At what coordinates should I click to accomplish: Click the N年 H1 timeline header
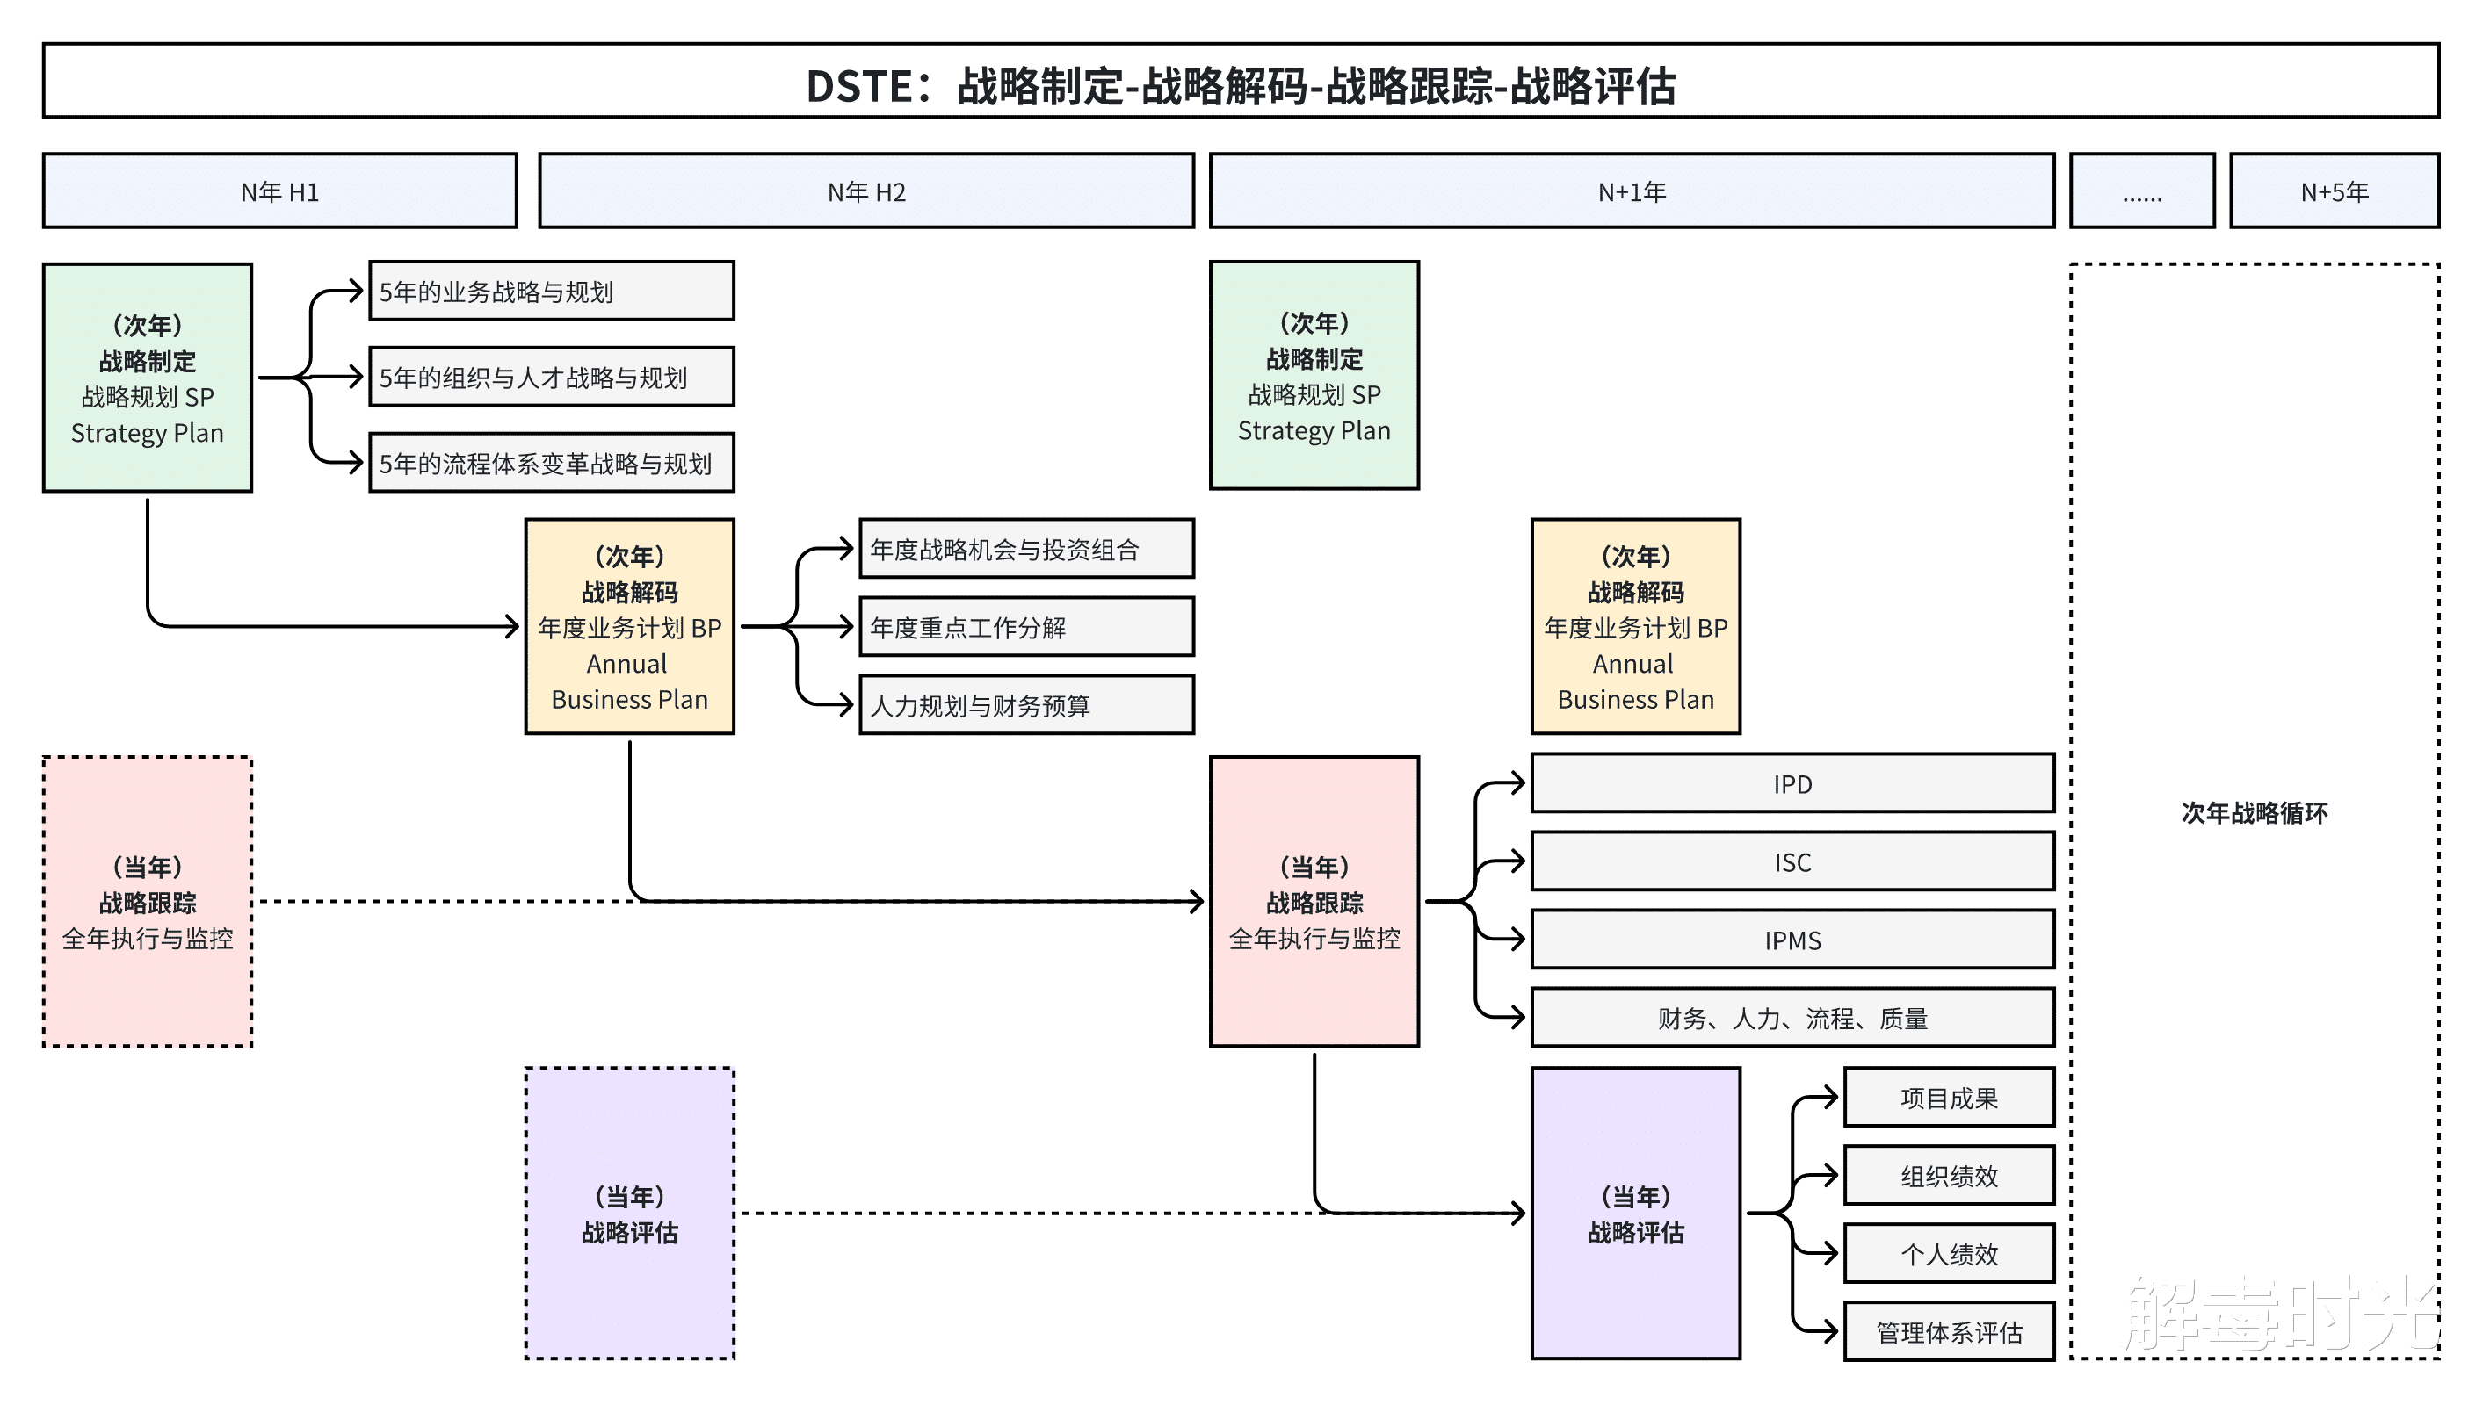coord(280,191)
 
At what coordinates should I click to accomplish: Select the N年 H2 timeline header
coord(866,191)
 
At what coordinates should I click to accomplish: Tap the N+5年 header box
coord(2334,191)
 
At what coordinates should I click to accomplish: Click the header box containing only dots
coord(2141,191)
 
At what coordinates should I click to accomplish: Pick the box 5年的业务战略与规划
coord(551,292)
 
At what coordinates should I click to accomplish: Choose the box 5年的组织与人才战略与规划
coord(551,378)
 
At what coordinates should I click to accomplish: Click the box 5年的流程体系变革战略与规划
coord(551,463)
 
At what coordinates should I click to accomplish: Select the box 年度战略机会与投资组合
coord(1026,549)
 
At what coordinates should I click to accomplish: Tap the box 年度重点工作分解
coord(1026,627)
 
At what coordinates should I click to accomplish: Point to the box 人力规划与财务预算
coord(1026,705)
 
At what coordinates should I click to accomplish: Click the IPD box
coord(1792,783)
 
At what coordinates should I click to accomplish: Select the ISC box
coord(1792,861)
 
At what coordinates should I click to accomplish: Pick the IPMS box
coord(1792,940)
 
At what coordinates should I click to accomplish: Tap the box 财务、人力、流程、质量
coord(1792,1018)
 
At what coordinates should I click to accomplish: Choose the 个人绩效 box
coord(1948,1253)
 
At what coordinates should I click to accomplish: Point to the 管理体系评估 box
coord(1948,1331)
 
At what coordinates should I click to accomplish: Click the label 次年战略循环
coord(2255,812)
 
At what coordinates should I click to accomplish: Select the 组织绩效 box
coord(1948,1175)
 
